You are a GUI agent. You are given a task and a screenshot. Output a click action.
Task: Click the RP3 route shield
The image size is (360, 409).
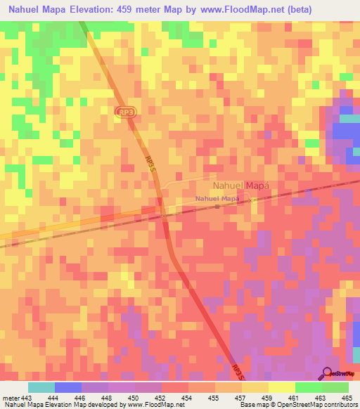(x=125, y=111)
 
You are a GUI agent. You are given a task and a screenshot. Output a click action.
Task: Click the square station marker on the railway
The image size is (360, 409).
(x=217, y=207)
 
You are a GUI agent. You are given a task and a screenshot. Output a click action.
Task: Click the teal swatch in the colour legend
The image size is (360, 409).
(x=41, y=387)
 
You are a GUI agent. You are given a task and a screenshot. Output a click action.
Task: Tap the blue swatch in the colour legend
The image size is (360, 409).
(x=68, y=387)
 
